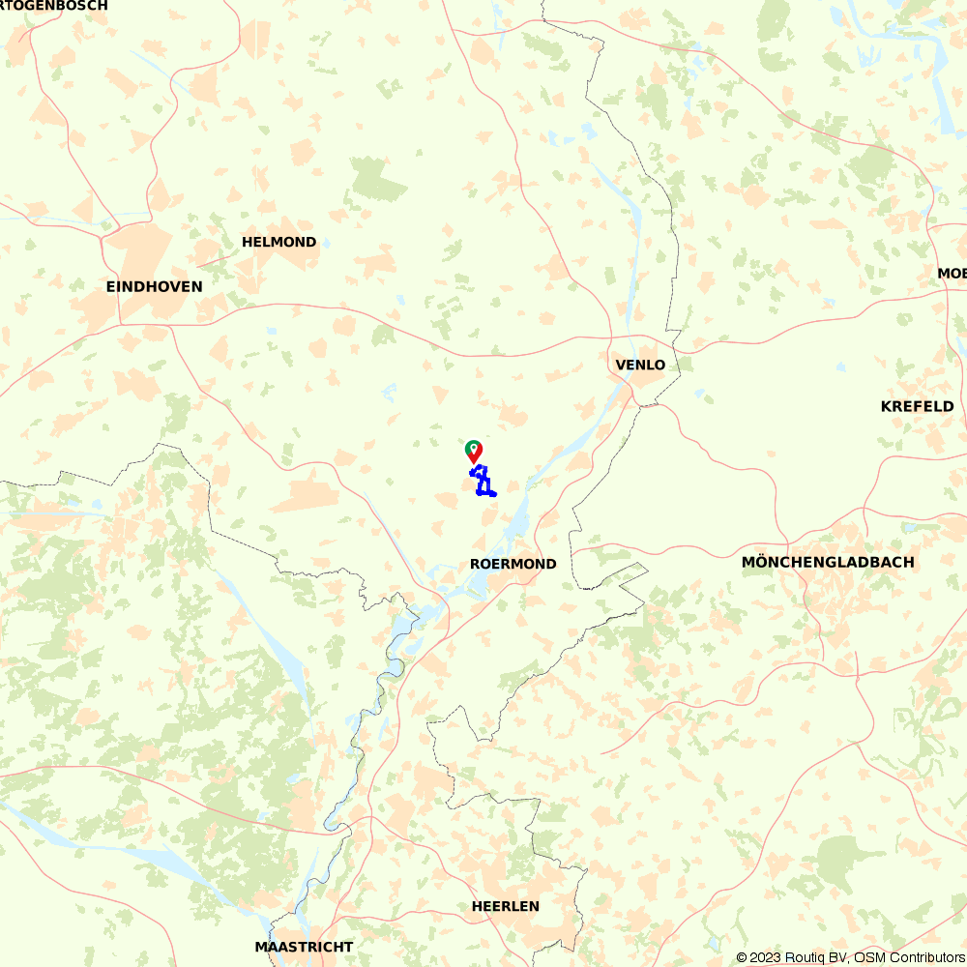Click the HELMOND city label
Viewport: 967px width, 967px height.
tap(278, 242)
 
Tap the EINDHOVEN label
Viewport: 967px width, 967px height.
tap(155, 286)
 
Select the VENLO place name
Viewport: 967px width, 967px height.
tap(640, 365)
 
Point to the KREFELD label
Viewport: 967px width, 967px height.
tap(917, 406)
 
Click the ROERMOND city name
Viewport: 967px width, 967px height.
tap(513, 564)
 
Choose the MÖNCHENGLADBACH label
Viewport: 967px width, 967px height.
tap(827, 562)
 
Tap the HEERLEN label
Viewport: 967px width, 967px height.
tap(506, 906)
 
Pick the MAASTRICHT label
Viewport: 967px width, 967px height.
tap(304, 947)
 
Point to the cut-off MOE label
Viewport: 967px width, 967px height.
tap(952, 274)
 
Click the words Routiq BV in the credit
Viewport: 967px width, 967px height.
tap(814, 957)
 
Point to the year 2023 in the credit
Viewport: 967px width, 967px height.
tap(763, 957)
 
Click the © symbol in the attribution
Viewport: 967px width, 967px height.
tap(742, 957)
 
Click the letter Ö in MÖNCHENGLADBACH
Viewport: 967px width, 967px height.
tap(761, 562)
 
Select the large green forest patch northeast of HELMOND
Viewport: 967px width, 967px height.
tap(378, 179)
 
